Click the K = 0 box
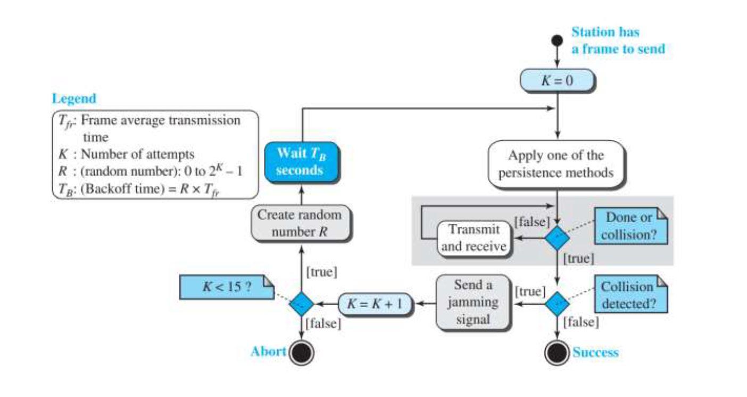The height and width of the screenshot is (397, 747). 557,81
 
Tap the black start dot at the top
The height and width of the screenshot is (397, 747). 557,40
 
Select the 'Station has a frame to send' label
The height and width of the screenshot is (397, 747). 618,40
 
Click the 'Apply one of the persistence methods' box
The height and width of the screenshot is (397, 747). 557,164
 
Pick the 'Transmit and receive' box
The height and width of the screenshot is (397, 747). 473,238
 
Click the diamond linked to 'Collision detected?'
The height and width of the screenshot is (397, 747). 557,304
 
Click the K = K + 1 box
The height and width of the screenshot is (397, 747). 376,304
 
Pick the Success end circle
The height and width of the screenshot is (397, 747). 557,352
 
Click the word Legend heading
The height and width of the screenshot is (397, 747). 74,99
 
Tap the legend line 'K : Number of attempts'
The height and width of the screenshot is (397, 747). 125,154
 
